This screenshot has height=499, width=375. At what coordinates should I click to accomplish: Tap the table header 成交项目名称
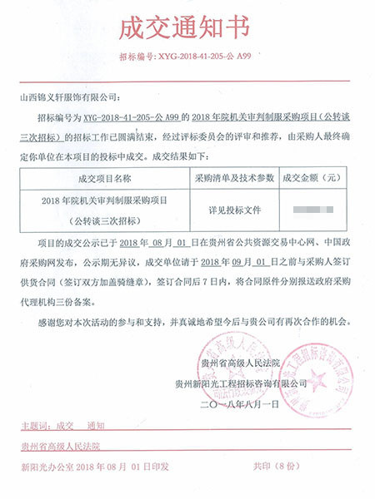[103, 178]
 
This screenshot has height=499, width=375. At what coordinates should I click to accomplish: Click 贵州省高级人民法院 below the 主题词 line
[60, 446]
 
